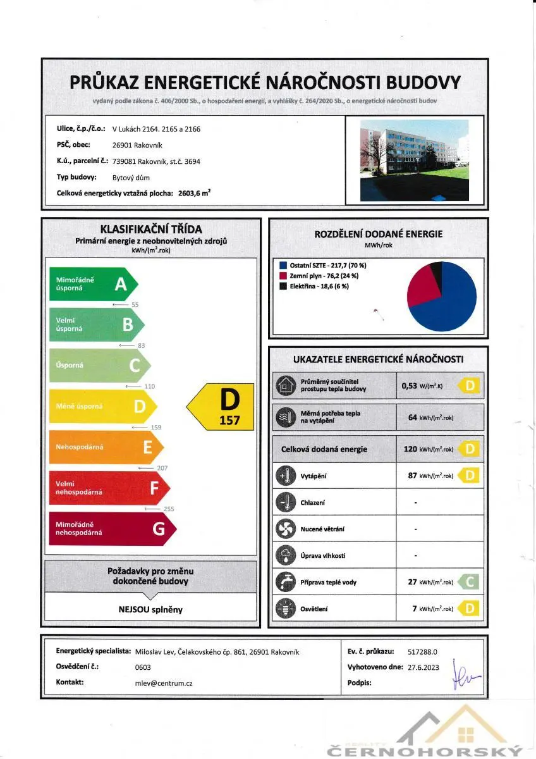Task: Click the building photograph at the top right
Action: coord(414,160)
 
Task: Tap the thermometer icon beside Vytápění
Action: coord(286,475)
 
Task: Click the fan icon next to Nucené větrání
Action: coord(286,529)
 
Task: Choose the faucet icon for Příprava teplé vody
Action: coord(286,582)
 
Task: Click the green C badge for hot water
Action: coord(467,582)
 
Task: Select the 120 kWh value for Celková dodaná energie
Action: coord(429,449)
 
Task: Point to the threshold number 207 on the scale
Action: coord(163,467)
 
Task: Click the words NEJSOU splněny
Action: coord(150,610)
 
